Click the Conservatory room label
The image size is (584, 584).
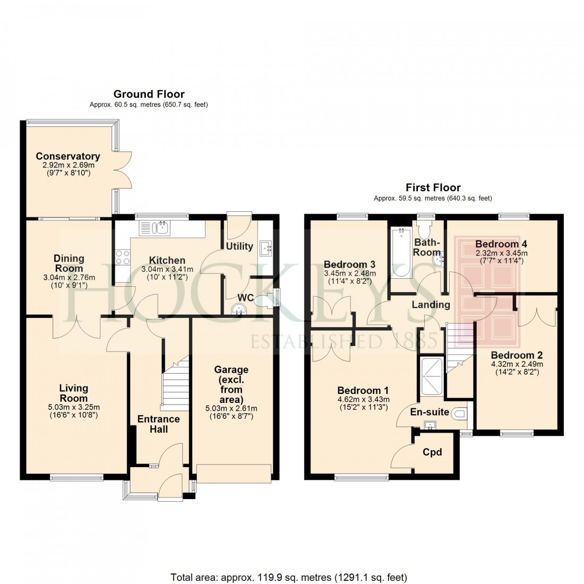pyautogui.click(x=68, y=156)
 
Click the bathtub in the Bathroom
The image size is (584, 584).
pyautogui.click(x=400, y=252)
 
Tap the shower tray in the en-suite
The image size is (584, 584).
pyautogui.click(x=431, y=376)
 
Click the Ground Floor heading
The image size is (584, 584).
pyautogui.click(x=149, y=95)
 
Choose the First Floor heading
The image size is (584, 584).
pyautogui.click(x=433, y=187)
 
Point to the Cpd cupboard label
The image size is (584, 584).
pyautogui.click(x=432, y=452)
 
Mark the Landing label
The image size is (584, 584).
pyautogui.click(x=431, y=305)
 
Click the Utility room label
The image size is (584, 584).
pyautogui.click(x=239, y=246)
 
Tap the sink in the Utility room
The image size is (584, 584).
pyautogui.click(x=265, y=247)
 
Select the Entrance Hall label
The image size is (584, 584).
pyautogui.click(x=159, y=424)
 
